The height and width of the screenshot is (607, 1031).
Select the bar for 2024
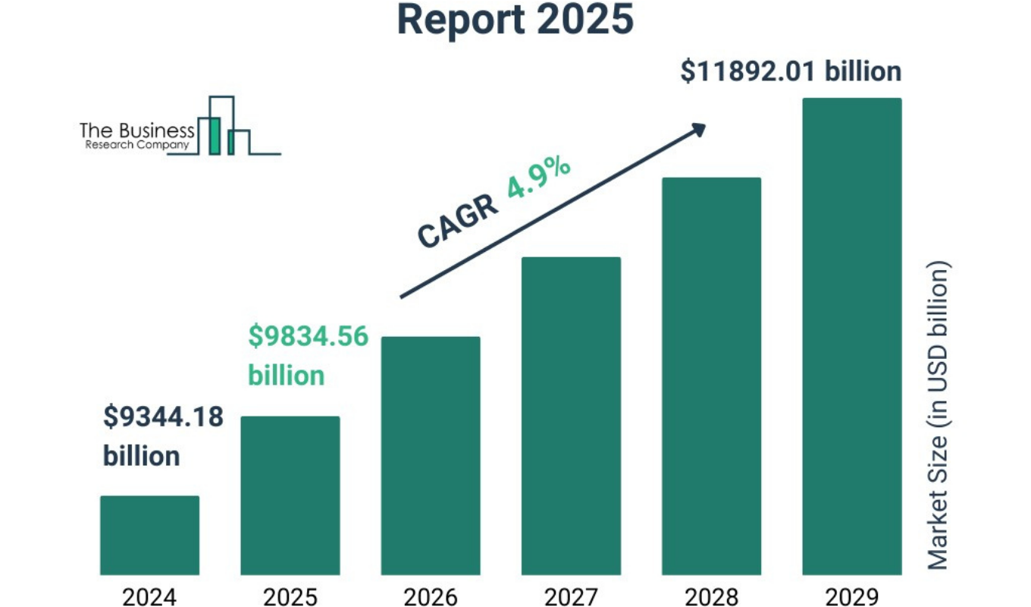tap(149, 535)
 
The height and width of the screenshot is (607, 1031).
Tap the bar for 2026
tap(430, 455)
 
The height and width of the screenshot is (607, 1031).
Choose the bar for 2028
tap(711, 376)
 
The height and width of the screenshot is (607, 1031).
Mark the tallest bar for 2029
tap(851, 335)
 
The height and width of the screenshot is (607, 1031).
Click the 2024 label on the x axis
tap(149, 597)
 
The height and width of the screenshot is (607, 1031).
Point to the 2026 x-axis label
tap(430, 597)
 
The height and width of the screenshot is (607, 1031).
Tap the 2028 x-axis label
tap(711, 597)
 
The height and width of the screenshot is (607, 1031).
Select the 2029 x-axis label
tap(851, 597)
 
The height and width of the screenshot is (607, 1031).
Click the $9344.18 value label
tap(163, 417)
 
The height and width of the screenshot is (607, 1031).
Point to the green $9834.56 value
tap(308, 336)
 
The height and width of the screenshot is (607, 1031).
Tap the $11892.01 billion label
tap(791, 71)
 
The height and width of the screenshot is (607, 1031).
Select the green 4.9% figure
tap(538, 178)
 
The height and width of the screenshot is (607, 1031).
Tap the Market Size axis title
tap(939, 416)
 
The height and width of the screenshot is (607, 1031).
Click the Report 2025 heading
tap(515, 20)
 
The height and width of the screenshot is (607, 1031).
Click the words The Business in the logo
tap(136, 131)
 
